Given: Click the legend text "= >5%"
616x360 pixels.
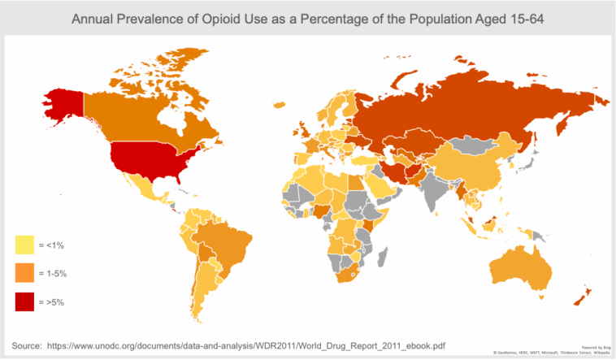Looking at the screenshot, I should point(51,302).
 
